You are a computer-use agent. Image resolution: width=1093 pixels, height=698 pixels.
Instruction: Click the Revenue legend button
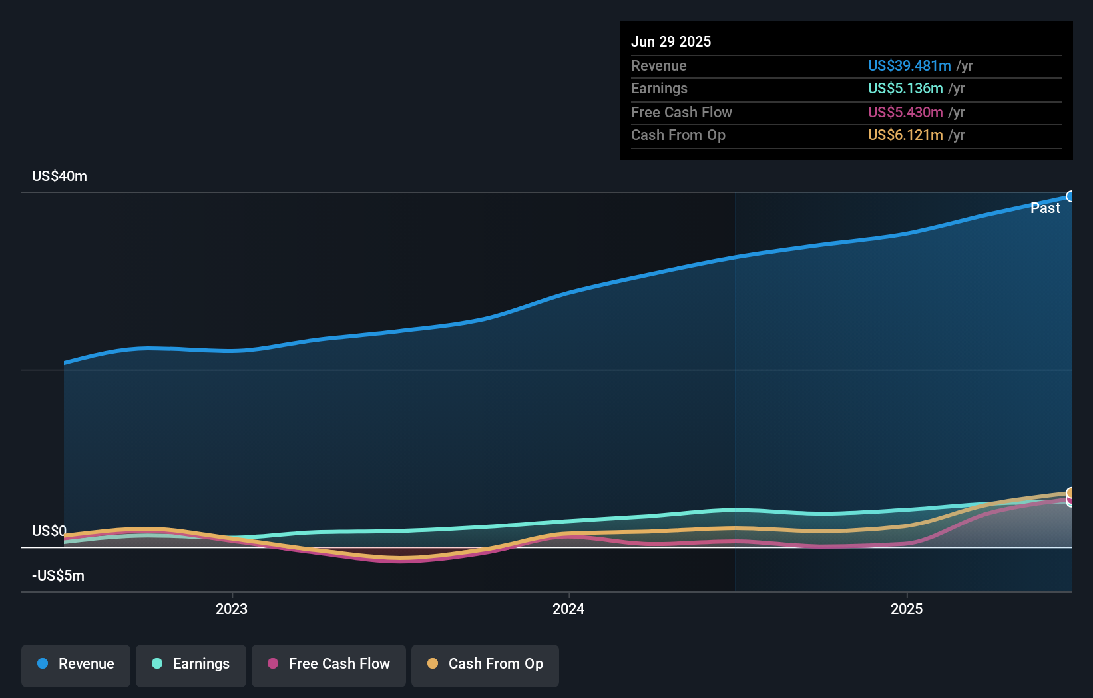click(76, 665)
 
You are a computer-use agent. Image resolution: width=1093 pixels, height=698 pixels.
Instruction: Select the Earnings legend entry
click(191, 665)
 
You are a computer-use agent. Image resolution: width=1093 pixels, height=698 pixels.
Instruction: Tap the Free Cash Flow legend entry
click(329, 665)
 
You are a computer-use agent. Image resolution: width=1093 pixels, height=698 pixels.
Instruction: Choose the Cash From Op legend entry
click(485, 665)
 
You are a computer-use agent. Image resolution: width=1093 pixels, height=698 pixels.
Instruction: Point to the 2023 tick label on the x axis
click(232, 609)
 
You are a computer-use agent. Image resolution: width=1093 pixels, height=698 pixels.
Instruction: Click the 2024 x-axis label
click(568, 609)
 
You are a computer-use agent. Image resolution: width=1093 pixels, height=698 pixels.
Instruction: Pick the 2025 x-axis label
click(907, 609)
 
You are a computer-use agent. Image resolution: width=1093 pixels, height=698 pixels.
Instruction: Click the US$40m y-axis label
click(59, 176)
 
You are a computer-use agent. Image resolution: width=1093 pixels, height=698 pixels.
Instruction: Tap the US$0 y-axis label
click(49, 531)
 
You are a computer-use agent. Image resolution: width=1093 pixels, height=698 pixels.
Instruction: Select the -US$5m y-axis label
click(58, 575)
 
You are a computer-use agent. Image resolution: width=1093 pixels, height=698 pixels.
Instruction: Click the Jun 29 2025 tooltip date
click(671, 41)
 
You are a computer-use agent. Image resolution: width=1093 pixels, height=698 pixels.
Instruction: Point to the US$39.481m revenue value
click(909, 65)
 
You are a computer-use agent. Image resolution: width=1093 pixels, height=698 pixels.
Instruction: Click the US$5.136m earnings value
click(905, 89)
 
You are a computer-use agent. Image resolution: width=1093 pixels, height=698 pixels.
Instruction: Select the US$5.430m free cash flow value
click(905, 112)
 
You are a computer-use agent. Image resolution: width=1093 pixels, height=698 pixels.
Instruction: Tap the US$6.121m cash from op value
click(905, 135)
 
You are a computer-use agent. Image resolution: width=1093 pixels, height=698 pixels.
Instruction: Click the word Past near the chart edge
click(1045, 208)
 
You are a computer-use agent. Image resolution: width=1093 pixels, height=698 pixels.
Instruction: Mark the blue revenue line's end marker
click(1070, 196)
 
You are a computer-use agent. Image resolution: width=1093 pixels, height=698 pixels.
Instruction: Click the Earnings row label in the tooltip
click(659, 89)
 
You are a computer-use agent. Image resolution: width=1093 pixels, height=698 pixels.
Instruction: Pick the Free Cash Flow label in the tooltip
click(681, 112)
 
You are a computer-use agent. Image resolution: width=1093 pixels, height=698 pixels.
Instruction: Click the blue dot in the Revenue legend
click(43, 663)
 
